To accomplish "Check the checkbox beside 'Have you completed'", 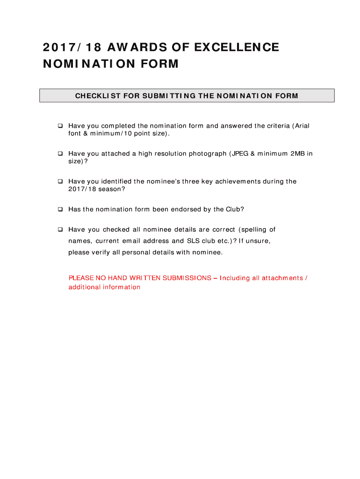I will point(60,126).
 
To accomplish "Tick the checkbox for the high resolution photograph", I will point(60,153).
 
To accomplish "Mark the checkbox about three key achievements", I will point(60,181).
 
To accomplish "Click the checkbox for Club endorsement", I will point(60,209).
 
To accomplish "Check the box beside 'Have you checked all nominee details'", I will point(60,230).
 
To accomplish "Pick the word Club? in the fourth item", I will point(235,209).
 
